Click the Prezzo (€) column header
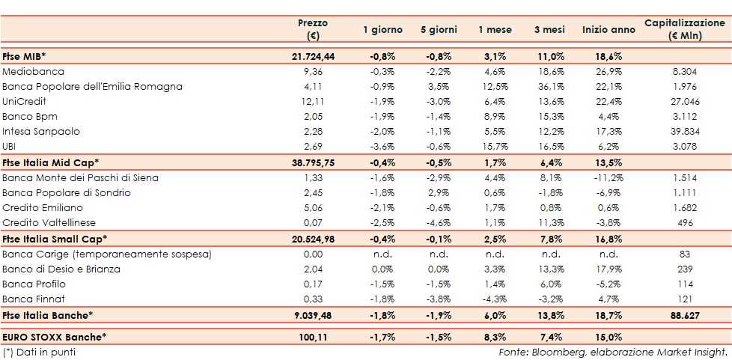point(313,29)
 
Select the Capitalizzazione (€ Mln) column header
point(685,29)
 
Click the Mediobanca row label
point(34,71)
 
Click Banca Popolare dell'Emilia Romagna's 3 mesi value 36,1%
point(549,86)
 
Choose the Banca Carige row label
point(107,254)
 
